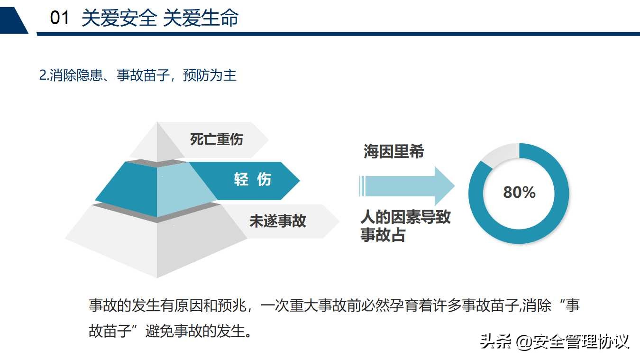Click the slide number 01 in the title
coord(60,18)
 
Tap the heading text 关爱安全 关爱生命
coord(160,18)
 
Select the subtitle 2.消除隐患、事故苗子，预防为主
coord(137,75)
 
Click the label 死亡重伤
coord(216,139)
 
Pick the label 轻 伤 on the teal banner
coord(252,179)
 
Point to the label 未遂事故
coord(278,221)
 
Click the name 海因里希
coord(393,152)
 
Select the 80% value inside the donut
coord(519,192)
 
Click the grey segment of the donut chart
coord(499,155)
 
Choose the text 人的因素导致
coord(405,217)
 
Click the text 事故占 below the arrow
coord(383,235)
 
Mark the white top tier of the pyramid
coord(156,142)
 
